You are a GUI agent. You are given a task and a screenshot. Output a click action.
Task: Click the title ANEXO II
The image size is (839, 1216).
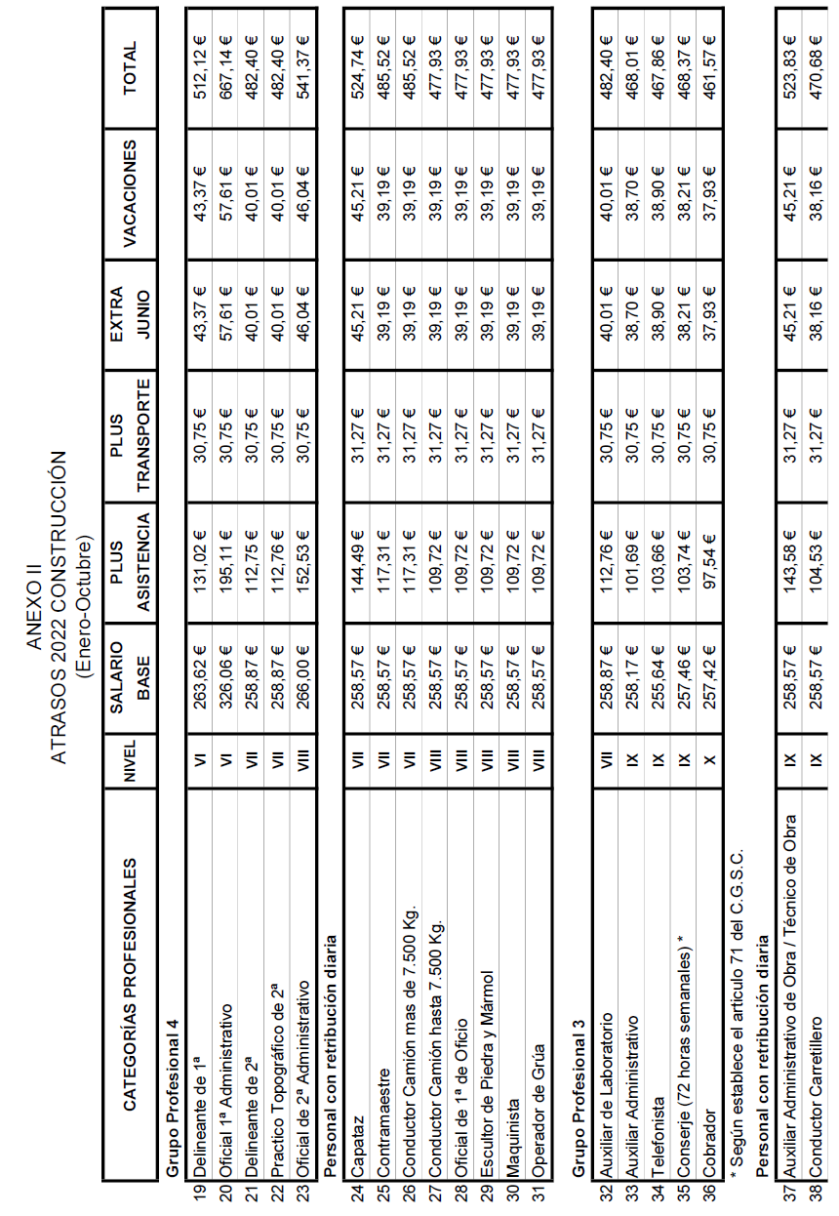(35, 607)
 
